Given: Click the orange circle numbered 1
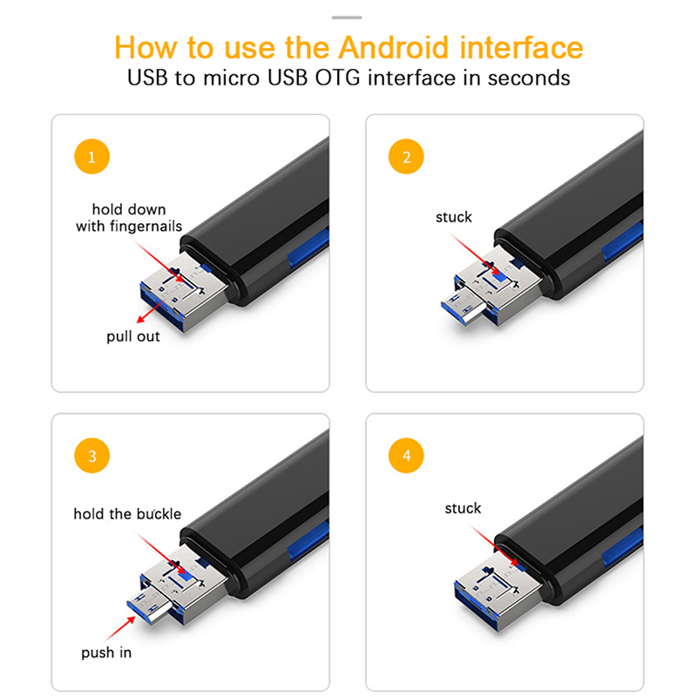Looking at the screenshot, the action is (x=91, y=157).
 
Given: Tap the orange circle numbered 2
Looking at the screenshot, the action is (x=406, y=157).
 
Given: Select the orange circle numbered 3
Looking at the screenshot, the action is (x=91, y=456).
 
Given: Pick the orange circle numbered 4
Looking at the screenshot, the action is (x=406, y=456).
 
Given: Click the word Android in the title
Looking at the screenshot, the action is (x=394, y=47).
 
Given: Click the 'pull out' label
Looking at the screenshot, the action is (x=133, y=336).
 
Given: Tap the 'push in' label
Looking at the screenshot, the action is (x=106, y=653).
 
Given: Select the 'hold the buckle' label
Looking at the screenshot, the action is (x=127, y=514).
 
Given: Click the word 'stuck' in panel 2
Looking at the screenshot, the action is (x=453, y=217).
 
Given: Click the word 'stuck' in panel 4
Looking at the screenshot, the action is (x=463, y=508).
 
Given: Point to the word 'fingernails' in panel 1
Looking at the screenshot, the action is (x=145, y=227).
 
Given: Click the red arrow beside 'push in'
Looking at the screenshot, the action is (x=121, y=628).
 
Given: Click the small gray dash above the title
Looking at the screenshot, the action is (x=347, y=17).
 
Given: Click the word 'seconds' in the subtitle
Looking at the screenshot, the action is (x=529, y=78).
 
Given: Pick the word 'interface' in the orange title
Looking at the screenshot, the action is (x=521, y=47).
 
